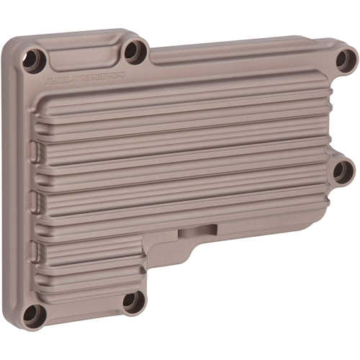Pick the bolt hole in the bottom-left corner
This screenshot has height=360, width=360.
(x=32, y=313)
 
